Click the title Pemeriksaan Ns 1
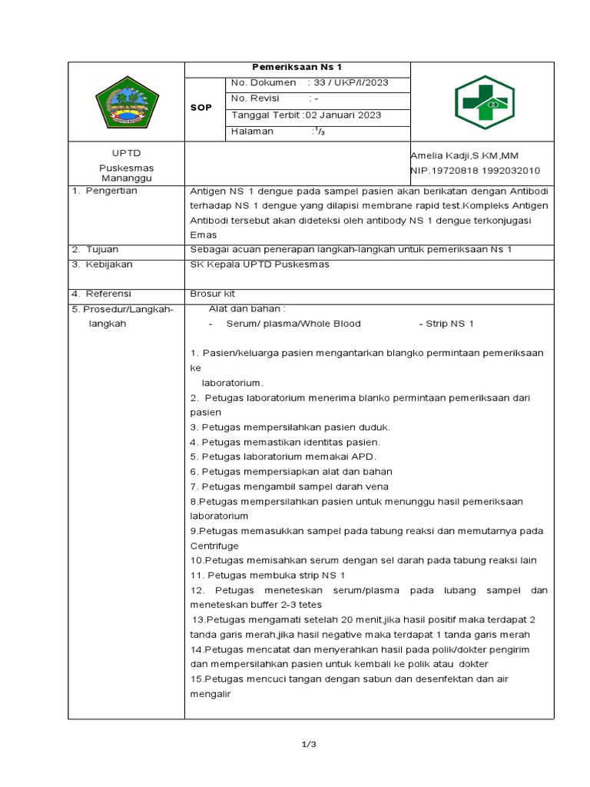[x=297, y=68]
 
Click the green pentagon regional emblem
[x=126, y=102]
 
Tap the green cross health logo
[x=482, y=102]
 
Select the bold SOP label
[x=201, y=108]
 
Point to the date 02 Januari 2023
[x=343, y=115]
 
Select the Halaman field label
[x=252, y=131]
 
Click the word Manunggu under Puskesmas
[x=126, y=177]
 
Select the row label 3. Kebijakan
[x=101, y=264]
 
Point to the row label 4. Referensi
[x=101, y=294]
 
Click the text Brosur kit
[x=212, y=294]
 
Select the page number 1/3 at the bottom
[x=309, y=744]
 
